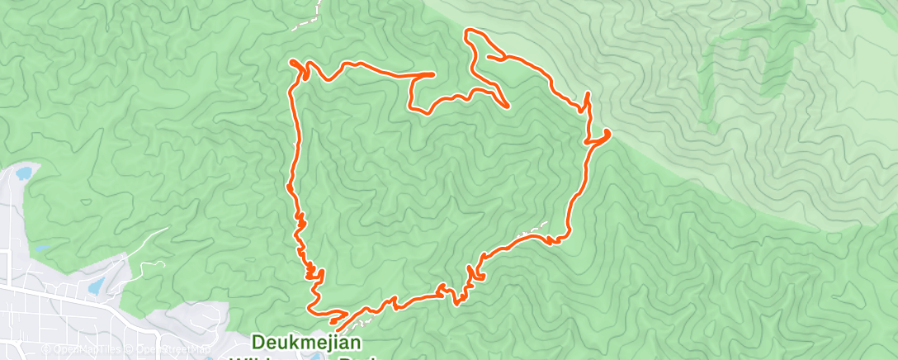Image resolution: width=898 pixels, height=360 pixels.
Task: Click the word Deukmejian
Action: click(296, 343)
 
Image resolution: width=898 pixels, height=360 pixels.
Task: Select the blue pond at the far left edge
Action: click(22, 173)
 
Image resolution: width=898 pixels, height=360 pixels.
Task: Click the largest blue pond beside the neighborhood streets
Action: click(96, 285)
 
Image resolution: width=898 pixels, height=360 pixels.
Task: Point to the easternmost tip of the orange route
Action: click(609, 132)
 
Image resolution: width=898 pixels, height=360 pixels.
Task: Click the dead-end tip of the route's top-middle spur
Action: click(433, 74)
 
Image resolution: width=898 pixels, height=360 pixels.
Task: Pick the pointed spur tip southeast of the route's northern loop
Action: click(506, 106)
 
